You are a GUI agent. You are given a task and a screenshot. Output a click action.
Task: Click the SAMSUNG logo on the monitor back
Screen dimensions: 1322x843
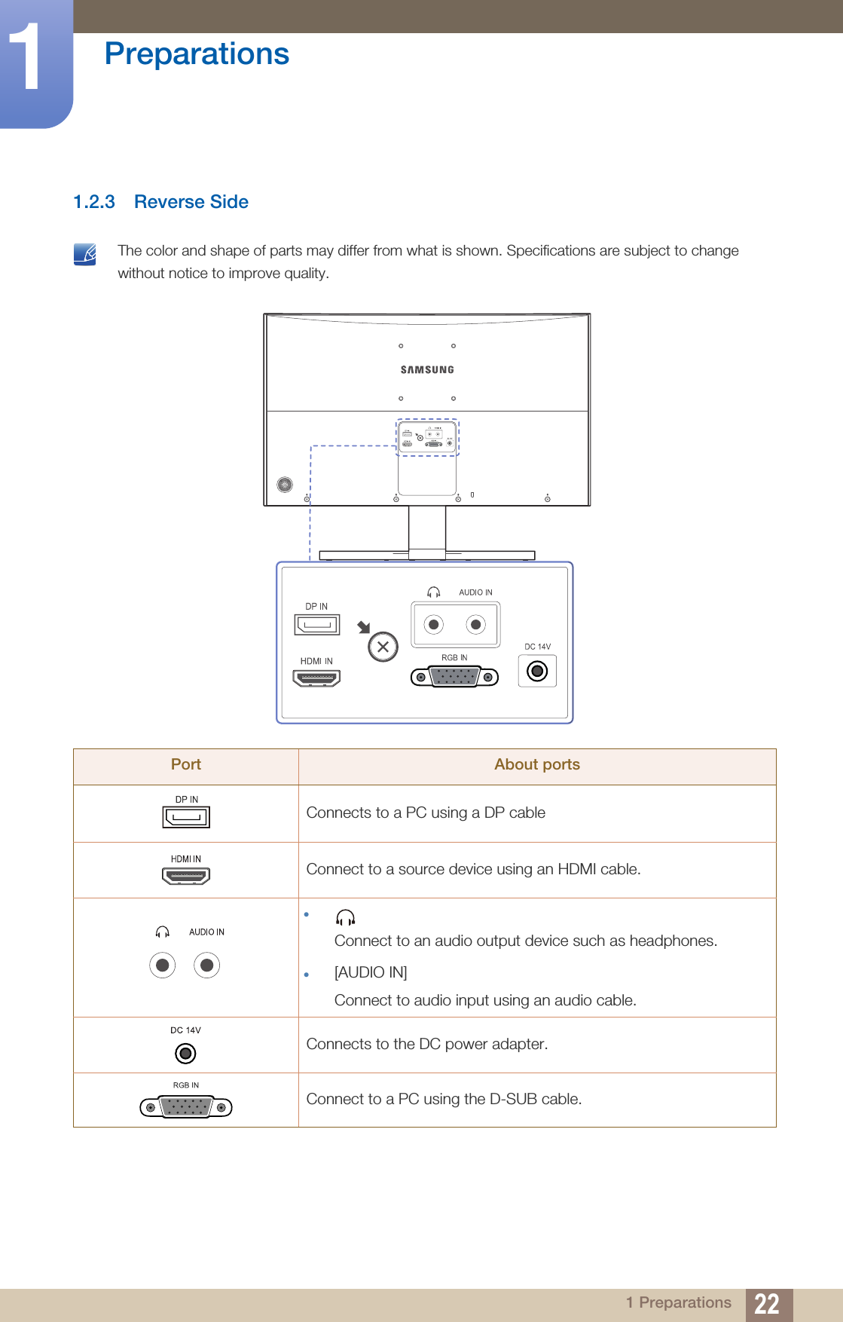427,370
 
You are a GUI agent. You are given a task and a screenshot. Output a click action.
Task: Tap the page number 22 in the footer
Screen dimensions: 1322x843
767,1304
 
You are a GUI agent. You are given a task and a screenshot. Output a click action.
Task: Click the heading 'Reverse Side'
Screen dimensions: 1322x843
191,202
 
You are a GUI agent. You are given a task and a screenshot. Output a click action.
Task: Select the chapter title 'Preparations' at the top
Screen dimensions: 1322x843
197,54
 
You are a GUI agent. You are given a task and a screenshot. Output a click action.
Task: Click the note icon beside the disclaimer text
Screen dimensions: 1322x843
85,255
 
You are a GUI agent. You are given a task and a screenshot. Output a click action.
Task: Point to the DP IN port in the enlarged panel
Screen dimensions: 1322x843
317,625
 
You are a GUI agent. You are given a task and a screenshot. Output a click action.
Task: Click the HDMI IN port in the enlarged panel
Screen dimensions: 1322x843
316,678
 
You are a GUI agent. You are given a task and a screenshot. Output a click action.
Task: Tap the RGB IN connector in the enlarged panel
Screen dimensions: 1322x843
454,677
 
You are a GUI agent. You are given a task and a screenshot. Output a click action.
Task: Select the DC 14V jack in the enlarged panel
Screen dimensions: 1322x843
537,671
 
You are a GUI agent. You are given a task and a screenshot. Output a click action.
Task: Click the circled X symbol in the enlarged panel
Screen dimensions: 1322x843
383,647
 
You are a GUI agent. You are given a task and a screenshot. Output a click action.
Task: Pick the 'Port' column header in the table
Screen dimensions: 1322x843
186,765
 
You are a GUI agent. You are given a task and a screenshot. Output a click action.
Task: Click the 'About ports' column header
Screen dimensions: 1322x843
536,765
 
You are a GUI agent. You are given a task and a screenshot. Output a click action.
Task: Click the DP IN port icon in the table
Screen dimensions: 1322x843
186,817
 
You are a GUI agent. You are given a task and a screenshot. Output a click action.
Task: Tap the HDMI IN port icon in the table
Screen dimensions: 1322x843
186,876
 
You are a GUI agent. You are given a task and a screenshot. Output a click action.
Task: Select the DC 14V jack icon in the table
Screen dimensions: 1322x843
185,1053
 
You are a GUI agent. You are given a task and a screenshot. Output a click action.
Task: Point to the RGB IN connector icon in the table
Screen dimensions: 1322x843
186,1107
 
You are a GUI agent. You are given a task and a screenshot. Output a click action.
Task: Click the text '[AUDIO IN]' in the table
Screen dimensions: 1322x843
371,972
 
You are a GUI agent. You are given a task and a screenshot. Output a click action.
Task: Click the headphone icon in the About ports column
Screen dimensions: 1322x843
345,917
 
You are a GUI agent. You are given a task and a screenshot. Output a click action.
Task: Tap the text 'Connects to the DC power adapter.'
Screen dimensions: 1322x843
427,1044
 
